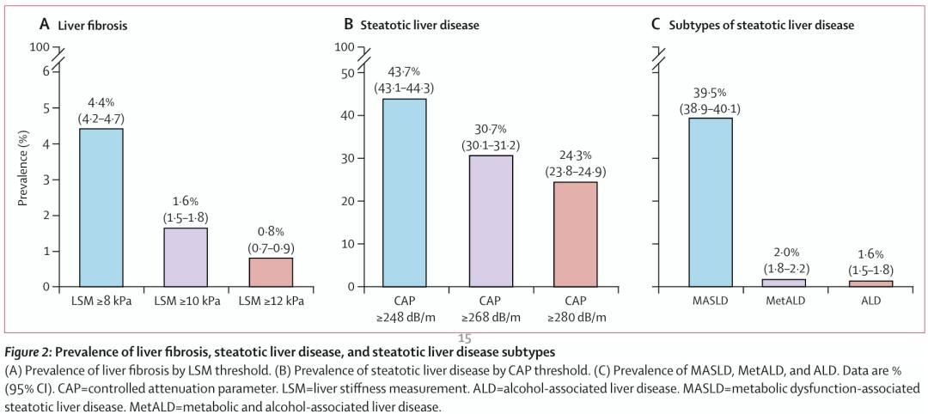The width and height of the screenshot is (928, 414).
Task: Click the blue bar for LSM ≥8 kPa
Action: point(101,208)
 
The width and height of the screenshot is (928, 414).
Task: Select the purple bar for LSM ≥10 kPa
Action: point(186,258)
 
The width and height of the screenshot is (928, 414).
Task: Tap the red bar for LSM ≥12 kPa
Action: point(270,272)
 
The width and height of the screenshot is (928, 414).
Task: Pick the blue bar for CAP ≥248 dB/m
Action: point(404,192)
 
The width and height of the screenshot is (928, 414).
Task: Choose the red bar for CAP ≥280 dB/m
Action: point(576,234)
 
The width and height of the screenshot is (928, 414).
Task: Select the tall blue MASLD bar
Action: point(711,202)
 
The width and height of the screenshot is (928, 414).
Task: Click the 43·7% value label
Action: point(404,73)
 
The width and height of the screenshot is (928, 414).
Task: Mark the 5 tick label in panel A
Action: point(46,108)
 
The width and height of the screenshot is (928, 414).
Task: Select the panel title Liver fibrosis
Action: point(92,26)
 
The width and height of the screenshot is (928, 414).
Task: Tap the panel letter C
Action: point(655,25)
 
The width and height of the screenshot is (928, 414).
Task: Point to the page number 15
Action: point(465,339)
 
